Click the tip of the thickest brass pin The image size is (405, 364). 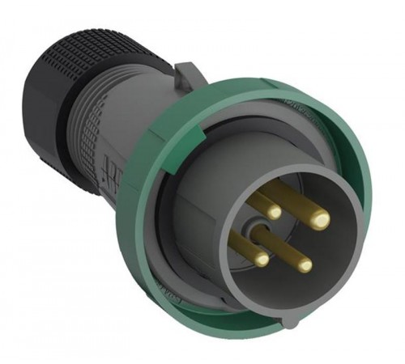(x=322, y=218)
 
